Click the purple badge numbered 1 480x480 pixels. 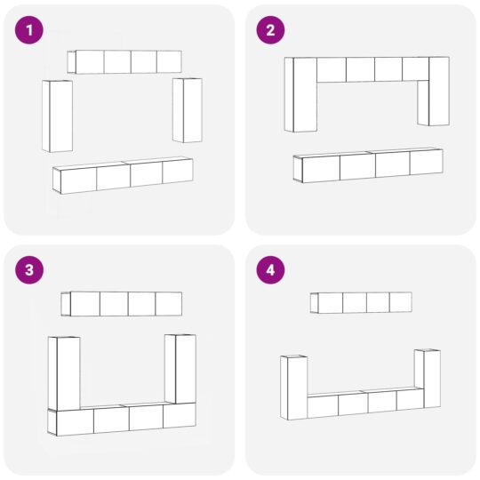[29, 30]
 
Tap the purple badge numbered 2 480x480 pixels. [270, 30]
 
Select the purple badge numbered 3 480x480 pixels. [29, 270]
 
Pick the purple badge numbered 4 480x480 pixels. [270, 270]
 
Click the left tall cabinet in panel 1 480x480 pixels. [57, 116]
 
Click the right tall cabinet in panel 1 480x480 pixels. [187, 109]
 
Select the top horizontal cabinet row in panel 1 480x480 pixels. [125, 61]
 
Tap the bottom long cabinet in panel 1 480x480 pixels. [124, 175]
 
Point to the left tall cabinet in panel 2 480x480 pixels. [300, 94]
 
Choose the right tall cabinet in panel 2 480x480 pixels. [434, 91]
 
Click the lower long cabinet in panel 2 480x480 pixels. [368, 165]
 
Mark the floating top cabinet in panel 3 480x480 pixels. [122, 303]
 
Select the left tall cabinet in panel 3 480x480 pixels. [65, 373]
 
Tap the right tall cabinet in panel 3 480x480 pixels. [180, 369]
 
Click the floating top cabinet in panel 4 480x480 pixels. [361, 302]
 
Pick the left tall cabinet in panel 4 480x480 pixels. [293, 387]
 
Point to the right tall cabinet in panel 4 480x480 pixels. [427, 378]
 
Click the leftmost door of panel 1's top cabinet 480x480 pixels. [89, 62]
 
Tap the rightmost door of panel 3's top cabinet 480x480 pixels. [168, 303]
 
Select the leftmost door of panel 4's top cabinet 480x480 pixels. [330, 303]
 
